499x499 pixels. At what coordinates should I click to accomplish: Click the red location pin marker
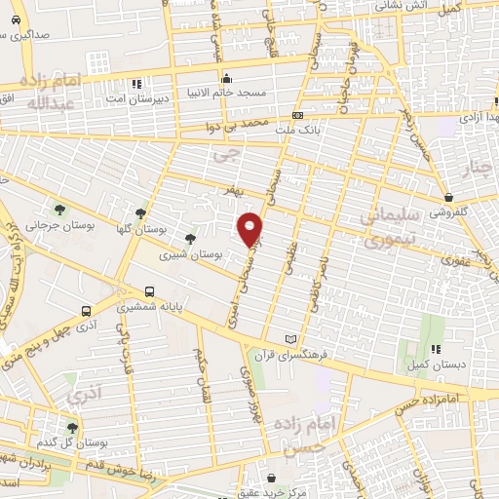pos(250,229)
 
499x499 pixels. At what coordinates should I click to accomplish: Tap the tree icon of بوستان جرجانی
pos(61,210)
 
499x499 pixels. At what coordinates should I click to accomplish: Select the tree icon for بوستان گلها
pos(141,212)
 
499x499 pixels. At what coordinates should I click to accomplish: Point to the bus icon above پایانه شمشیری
pos(149,290)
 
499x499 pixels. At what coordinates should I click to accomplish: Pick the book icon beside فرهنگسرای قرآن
pos(288,338)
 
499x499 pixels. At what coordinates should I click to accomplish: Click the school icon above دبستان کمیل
pos(436,348)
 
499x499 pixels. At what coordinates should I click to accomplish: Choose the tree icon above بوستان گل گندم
pos(73,428)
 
